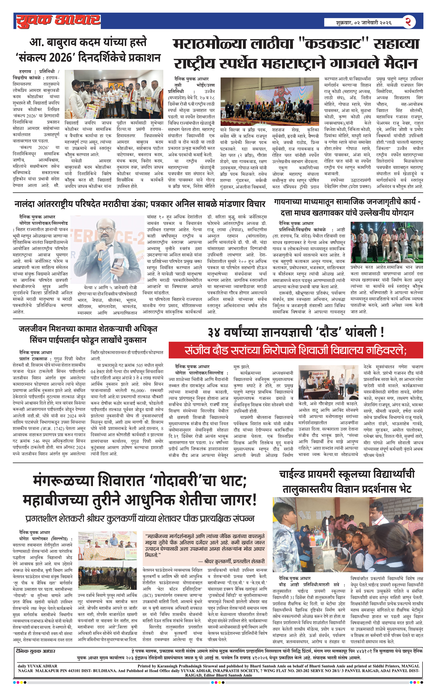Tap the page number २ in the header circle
(x=408, y=22)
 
